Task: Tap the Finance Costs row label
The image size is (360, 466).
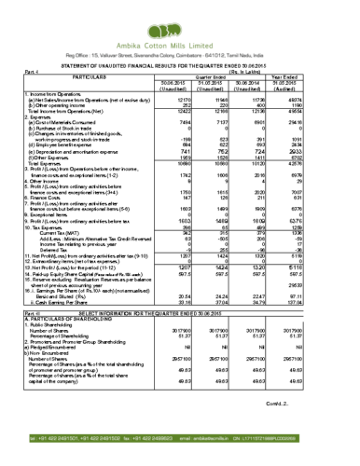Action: click(47, 197)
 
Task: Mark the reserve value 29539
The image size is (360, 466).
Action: click(319, 284)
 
